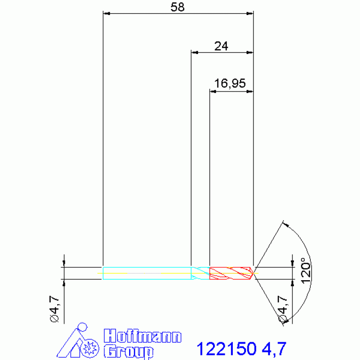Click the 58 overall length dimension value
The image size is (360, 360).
[x=177, y=8]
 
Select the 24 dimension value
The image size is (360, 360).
[x=221, y=46]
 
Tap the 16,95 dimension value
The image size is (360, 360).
[x=230, y=84]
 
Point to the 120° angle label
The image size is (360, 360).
[x=306, y=270]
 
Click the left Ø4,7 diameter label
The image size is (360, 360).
[x=54, y=309]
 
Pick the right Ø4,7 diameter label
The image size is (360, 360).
[x=283, y=309]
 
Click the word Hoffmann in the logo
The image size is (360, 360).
[x=143, y=336]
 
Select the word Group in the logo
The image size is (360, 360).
[x=129, y=351]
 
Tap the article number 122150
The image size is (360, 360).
[x=227, y=349]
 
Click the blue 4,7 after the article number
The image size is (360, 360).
[x=274, y=349]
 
